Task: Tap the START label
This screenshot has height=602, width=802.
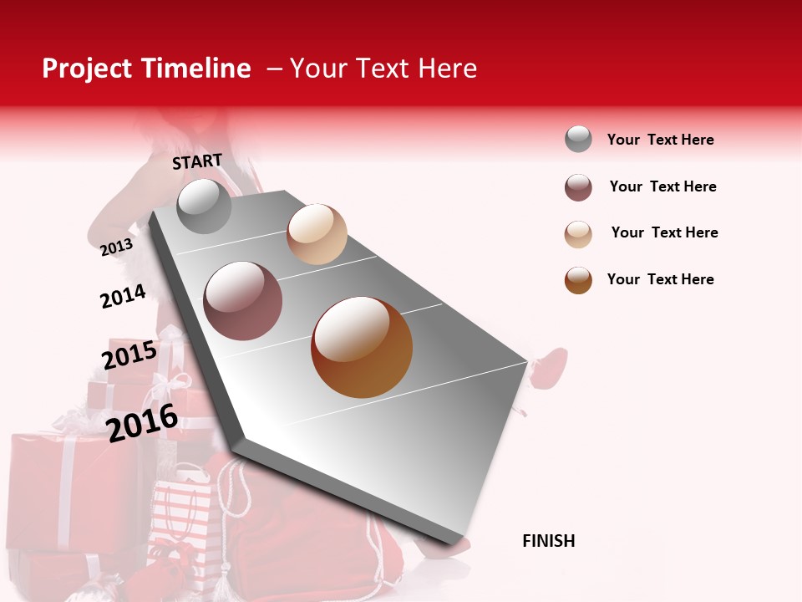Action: coord(197,161)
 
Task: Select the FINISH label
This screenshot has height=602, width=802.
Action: coord(549,541)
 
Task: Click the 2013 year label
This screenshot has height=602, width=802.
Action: coord(116,247)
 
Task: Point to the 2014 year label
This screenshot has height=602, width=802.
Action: coord(123,296)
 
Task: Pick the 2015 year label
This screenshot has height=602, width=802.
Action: coord(129,355)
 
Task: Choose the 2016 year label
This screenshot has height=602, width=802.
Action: coord(142,422)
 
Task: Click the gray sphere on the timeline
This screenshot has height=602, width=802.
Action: coord(205,206)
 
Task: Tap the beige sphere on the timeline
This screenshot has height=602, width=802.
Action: coord(317,233)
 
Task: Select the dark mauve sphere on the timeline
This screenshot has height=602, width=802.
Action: coord(243,300)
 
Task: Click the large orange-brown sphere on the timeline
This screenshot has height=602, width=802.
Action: coord(362,347)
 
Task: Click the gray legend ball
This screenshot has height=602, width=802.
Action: coord(578,140)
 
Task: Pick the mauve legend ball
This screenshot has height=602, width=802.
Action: coord(578,187)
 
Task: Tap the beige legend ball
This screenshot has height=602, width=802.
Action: coord(578,234)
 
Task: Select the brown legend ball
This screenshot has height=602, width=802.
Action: coord(578,280)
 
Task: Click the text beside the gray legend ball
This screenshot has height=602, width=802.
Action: coord(660,140)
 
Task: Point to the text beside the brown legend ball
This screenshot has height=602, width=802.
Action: coord(660,279)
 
